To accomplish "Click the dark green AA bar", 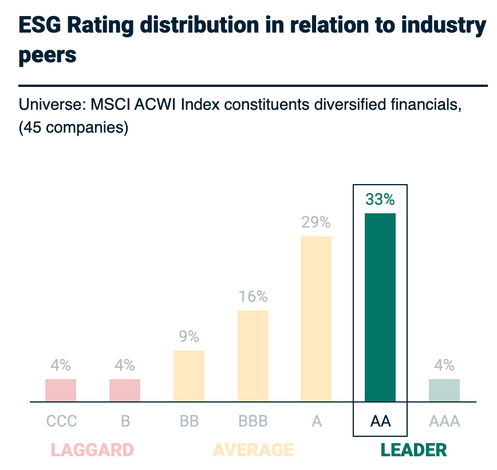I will (380, 308).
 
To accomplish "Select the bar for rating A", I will (316, 319).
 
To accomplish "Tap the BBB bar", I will (253, 356).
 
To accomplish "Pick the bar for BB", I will (188, 376).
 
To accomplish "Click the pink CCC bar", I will (61, 391).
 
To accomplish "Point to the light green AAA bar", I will (444, 391).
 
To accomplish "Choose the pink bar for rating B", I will (125, 391).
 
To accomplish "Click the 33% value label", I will (380, 200).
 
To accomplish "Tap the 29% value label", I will (316, 222).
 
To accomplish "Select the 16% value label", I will (253, 297).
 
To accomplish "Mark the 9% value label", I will (188, 337).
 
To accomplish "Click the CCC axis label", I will (61, 422).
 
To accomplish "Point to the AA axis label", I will (380, 422).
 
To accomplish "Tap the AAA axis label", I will (444, 422).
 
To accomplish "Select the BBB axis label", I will (253, 422).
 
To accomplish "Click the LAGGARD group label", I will (92, 450).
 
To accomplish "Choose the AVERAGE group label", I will (253, 450).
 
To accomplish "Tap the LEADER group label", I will (414, 450).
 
